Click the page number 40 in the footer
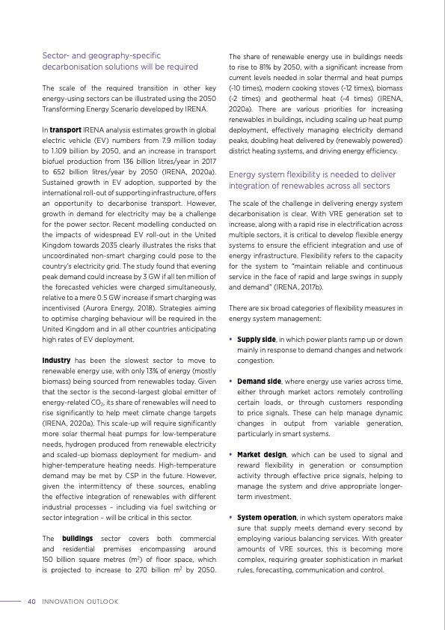tap(31, 601)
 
